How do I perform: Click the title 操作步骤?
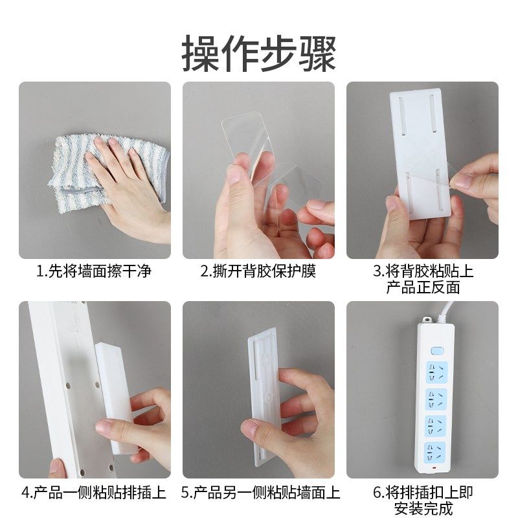click(259, 53)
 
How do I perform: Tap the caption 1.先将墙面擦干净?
click(95, 271)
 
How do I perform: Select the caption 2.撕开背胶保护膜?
click(258, 271)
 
